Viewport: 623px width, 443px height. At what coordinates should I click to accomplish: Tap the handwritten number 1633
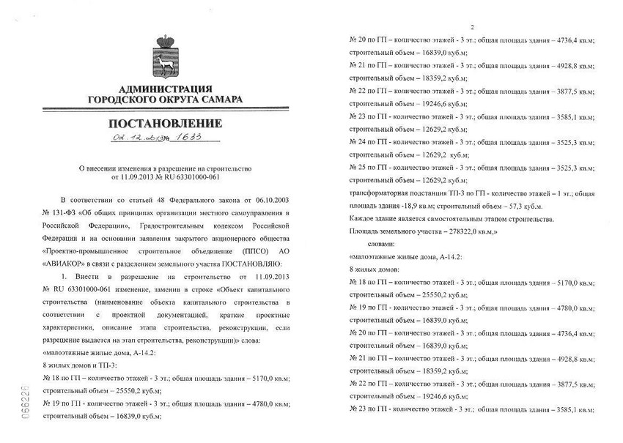coord(188,138)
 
